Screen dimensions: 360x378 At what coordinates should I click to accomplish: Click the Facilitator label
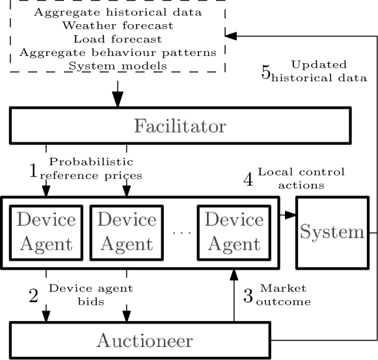coord(180,126)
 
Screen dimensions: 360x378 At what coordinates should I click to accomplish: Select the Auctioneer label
coord(144,341)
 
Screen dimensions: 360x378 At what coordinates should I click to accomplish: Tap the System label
coord(332,233)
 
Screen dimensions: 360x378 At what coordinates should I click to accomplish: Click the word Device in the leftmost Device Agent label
coord(46,220)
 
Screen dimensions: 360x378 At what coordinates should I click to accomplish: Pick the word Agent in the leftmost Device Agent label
coord(46,245)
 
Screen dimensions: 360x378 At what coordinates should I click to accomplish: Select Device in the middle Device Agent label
coord(126,220)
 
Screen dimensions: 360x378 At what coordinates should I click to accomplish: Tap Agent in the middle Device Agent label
coord(126,245)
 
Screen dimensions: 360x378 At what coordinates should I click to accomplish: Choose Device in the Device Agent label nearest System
coord(234,220)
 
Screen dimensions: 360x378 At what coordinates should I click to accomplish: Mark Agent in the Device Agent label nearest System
coord(234,245)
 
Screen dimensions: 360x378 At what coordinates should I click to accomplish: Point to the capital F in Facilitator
coord(140,126)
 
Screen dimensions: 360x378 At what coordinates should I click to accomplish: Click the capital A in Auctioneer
coord(103,340)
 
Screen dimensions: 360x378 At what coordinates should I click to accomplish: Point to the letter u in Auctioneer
coord(115,342)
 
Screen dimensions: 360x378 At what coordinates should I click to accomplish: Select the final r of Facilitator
coord(223,127)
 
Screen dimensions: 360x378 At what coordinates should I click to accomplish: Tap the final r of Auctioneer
coord(189,342)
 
